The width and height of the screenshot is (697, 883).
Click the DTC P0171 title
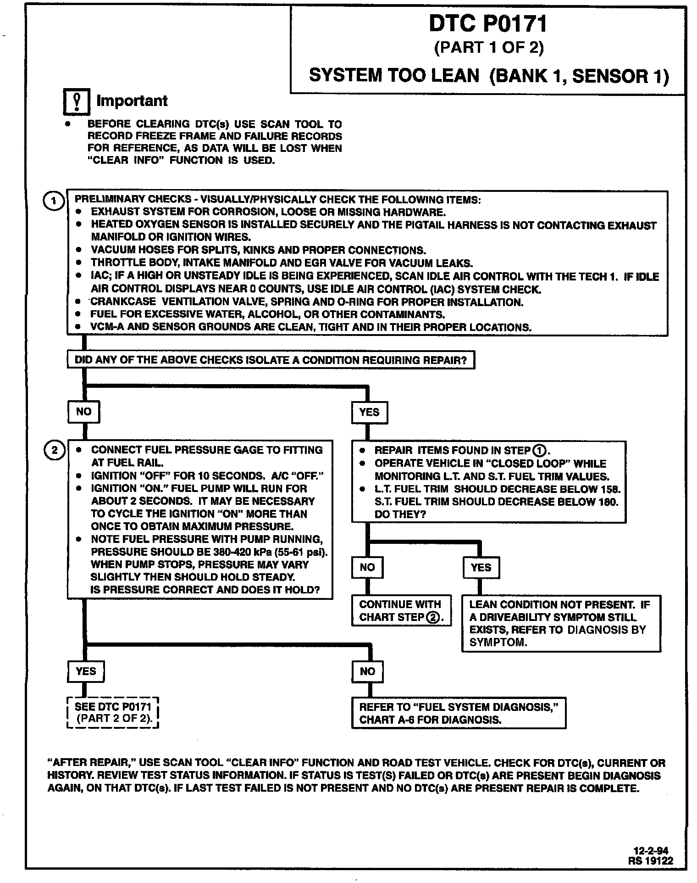tap(488, 24)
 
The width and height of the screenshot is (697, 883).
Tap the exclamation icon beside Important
tap(76, 101)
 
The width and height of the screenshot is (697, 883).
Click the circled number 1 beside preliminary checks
tap(54, 201)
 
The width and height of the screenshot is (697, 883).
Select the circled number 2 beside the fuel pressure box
tap(54, 450)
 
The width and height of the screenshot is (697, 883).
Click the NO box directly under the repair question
tap(83, 412)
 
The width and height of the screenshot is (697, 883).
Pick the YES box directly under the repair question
tap(369, 412)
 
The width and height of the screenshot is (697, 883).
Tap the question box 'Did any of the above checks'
tap(271, 360)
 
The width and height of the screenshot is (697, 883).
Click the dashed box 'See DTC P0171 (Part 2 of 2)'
tap(113, 713)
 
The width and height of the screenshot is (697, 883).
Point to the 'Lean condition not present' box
tap(561, 623)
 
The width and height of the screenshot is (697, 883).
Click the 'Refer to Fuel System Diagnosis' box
tap(459, 713)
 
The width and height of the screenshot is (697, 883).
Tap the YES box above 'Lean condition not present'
tap(481, 568)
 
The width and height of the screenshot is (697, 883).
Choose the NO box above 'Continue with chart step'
tap(367, 568)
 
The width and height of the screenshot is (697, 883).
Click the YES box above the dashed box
tap(86, 671)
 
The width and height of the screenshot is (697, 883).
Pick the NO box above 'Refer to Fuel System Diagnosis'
tap(367, 672)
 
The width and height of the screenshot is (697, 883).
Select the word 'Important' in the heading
tap(132, 101)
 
